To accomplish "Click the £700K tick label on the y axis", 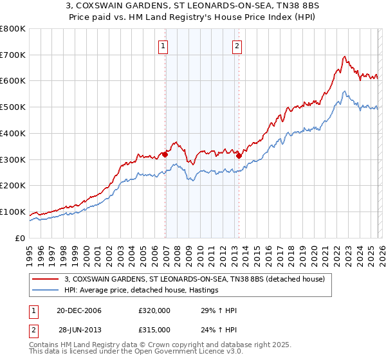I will click(x=13, y=55).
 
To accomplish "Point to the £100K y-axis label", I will click(x=13, y=212).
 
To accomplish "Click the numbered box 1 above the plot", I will click(x=163, y=46).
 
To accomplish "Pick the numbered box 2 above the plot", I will click(x=237, y=46).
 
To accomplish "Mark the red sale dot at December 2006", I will click(x=165, y=154).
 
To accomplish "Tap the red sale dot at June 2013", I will click(x=239, y=155).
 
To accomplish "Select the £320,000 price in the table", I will click(x=154, y=311).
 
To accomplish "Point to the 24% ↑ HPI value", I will click(x=219, y=329).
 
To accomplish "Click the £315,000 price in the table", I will click(x=154, y=329).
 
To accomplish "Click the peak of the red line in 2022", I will click(x=345, y=57).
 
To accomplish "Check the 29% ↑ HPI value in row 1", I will click(x=219, y=311).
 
